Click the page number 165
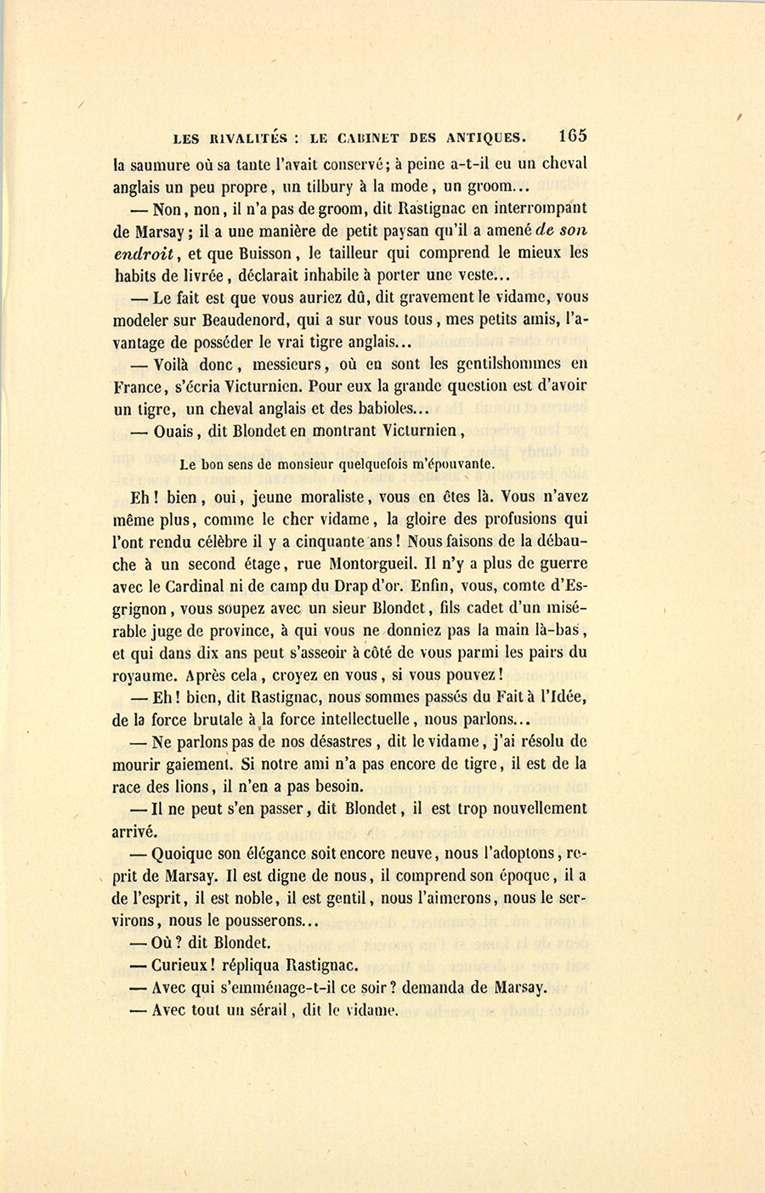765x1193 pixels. (572, 135)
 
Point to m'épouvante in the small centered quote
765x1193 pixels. (456, 464)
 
